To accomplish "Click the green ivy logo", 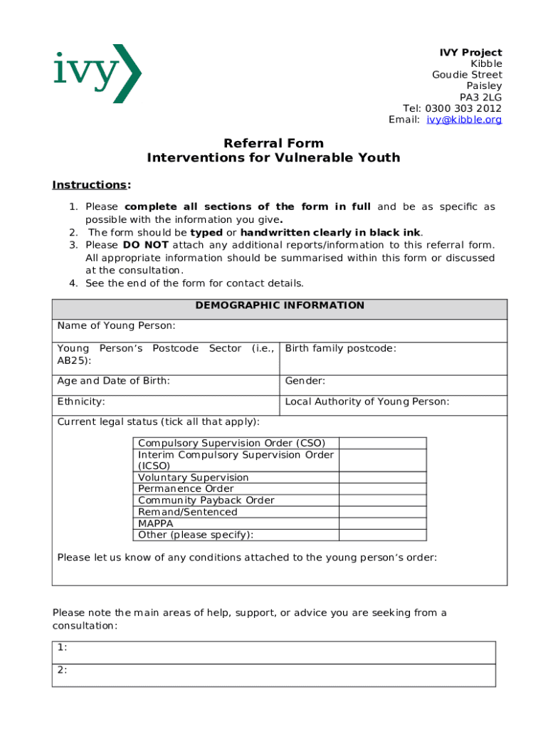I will tap(98, 73).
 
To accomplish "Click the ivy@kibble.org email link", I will tap(464, 120).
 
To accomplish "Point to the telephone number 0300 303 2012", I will tap(464, 108).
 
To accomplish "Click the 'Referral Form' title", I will tap(273, 143).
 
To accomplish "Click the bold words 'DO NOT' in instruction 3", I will tap(145, 245).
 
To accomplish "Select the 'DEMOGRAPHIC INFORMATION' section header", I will tap(280, 306).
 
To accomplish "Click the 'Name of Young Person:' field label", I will tap(116, 327).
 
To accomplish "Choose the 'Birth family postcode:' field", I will tap(340, 349).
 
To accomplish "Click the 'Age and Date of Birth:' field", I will tap(114, 382).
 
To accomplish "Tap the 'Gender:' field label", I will tap(305, 382).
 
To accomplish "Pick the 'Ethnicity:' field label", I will tap(81, 402).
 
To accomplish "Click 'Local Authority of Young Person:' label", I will tap(367, 402).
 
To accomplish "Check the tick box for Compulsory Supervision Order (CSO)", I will tap(382, 443).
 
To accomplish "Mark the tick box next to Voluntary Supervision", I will tap(382, 478).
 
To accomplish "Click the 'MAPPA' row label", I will tap(156, 523).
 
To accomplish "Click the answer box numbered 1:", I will tap(274, 652).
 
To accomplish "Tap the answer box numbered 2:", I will tap(274, 675).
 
